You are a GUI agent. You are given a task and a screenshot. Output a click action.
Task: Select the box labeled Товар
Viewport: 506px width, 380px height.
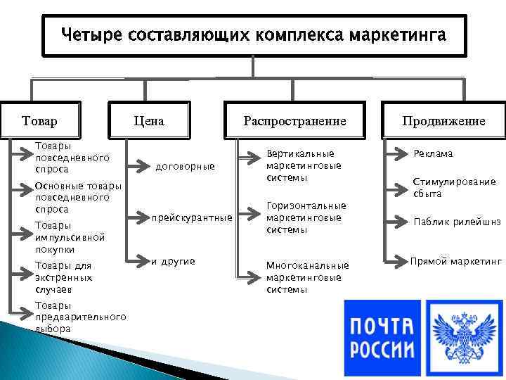[40, 121]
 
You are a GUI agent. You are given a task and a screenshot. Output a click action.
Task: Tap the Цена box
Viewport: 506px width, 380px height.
[148, 121]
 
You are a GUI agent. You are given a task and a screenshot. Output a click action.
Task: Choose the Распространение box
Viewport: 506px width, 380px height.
[294, 121]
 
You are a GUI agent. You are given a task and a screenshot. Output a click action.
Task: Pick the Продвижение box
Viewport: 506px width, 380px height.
[443, 121]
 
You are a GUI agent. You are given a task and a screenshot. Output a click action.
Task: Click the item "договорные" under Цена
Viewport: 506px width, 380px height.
[185, 167]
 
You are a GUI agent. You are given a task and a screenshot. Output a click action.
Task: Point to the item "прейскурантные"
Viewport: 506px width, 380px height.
[192, 218]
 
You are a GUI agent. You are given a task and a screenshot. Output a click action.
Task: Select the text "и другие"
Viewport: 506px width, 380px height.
[173, 262]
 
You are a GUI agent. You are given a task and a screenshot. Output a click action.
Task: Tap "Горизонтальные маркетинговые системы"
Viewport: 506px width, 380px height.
[306, 217]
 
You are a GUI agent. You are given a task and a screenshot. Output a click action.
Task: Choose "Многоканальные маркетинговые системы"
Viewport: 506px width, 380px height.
[307, 277]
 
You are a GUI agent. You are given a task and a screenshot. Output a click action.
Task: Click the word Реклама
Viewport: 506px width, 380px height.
[433, 153]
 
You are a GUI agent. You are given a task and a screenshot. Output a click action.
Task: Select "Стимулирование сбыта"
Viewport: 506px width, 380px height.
[454, 187]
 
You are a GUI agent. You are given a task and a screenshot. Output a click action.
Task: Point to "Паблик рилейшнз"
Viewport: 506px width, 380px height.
[457, 222]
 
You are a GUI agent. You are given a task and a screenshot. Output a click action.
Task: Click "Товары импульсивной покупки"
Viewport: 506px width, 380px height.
[70, 237]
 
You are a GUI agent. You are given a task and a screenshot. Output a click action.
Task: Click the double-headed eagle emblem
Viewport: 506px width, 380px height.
[463, 335]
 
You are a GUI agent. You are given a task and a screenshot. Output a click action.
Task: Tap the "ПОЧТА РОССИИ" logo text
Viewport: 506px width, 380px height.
[383, 335]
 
